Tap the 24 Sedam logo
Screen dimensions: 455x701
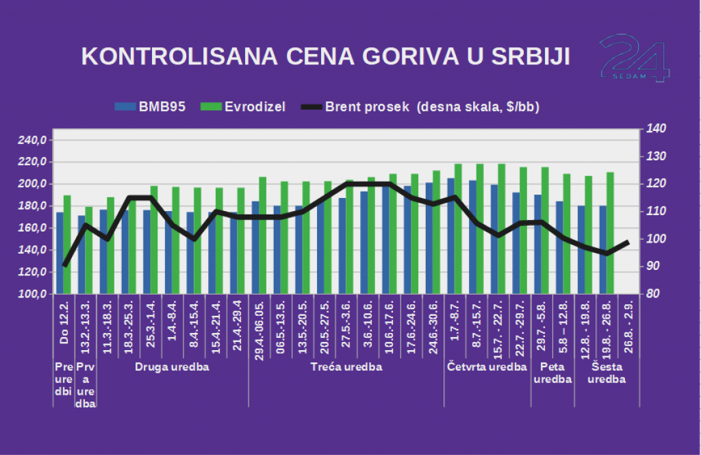pos(633,58)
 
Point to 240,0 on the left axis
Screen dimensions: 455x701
pos(31,140)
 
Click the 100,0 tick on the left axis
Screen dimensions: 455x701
pos(31,294)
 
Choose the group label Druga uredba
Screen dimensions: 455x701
pos(172,367)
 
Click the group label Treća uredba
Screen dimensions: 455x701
pos(346,367)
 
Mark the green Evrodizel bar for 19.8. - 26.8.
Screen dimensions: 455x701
pos(610,233)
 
